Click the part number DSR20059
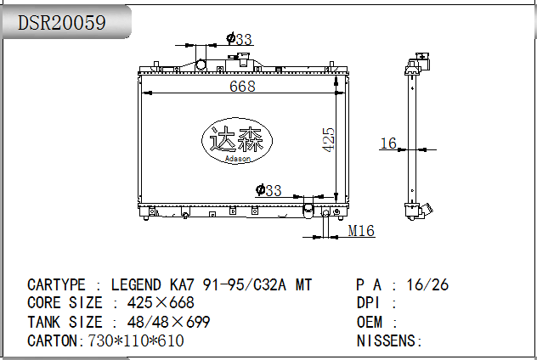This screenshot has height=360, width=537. pos(61,23)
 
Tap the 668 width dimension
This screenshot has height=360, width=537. pos(242,86)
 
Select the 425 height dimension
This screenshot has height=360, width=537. pos(329,139)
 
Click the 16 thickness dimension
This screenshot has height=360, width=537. pos(388,143)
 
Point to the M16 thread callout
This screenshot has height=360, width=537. pos(361,231)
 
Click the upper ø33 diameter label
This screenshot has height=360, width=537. pos(239,39)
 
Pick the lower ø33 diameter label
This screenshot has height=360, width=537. pos(268,190)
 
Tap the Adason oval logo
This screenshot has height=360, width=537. pos(237,140)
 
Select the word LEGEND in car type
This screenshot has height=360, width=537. pos(136,284)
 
